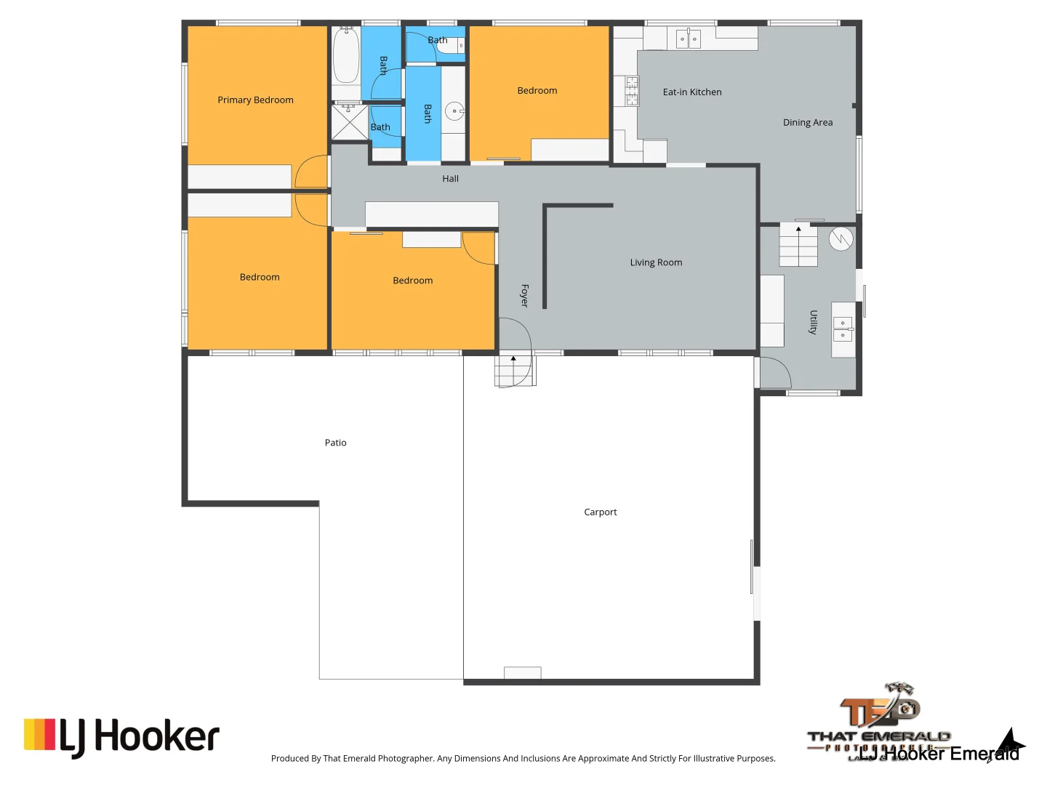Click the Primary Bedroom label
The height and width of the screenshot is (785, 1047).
click(x=255, y=100)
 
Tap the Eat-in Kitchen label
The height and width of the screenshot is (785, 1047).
click(x=692, y=92)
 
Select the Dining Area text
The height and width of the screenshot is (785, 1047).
click(x=808, y=123)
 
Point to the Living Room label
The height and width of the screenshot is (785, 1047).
click(x=656, y=262)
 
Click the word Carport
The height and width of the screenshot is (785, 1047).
click(x=600, y=512)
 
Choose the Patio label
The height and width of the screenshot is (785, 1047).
click(x=335, y=443)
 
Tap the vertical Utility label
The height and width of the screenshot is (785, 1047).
click(x=814, y=322)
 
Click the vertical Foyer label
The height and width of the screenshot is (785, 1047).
click(x=524, y=295)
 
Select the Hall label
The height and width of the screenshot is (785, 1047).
click(x=450, y=179)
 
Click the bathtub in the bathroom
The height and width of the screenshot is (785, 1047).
click(x=346, y=55)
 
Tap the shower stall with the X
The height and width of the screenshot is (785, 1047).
click(x=350, y=122)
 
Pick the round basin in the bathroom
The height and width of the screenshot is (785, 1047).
click(x=454, y=112)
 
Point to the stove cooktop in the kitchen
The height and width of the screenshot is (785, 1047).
click(x=632, y=91)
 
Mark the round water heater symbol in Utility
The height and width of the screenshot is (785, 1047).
click(x=841, y=239)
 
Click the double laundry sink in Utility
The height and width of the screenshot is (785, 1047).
click(x=843, y=329)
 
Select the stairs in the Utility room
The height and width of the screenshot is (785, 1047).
click(x=798, y=246)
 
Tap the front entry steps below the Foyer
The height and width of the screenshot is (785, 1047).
click(x=515, y=369)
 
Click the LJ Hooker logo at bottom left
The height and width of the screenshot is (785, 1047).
click(x=121, y=736)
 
